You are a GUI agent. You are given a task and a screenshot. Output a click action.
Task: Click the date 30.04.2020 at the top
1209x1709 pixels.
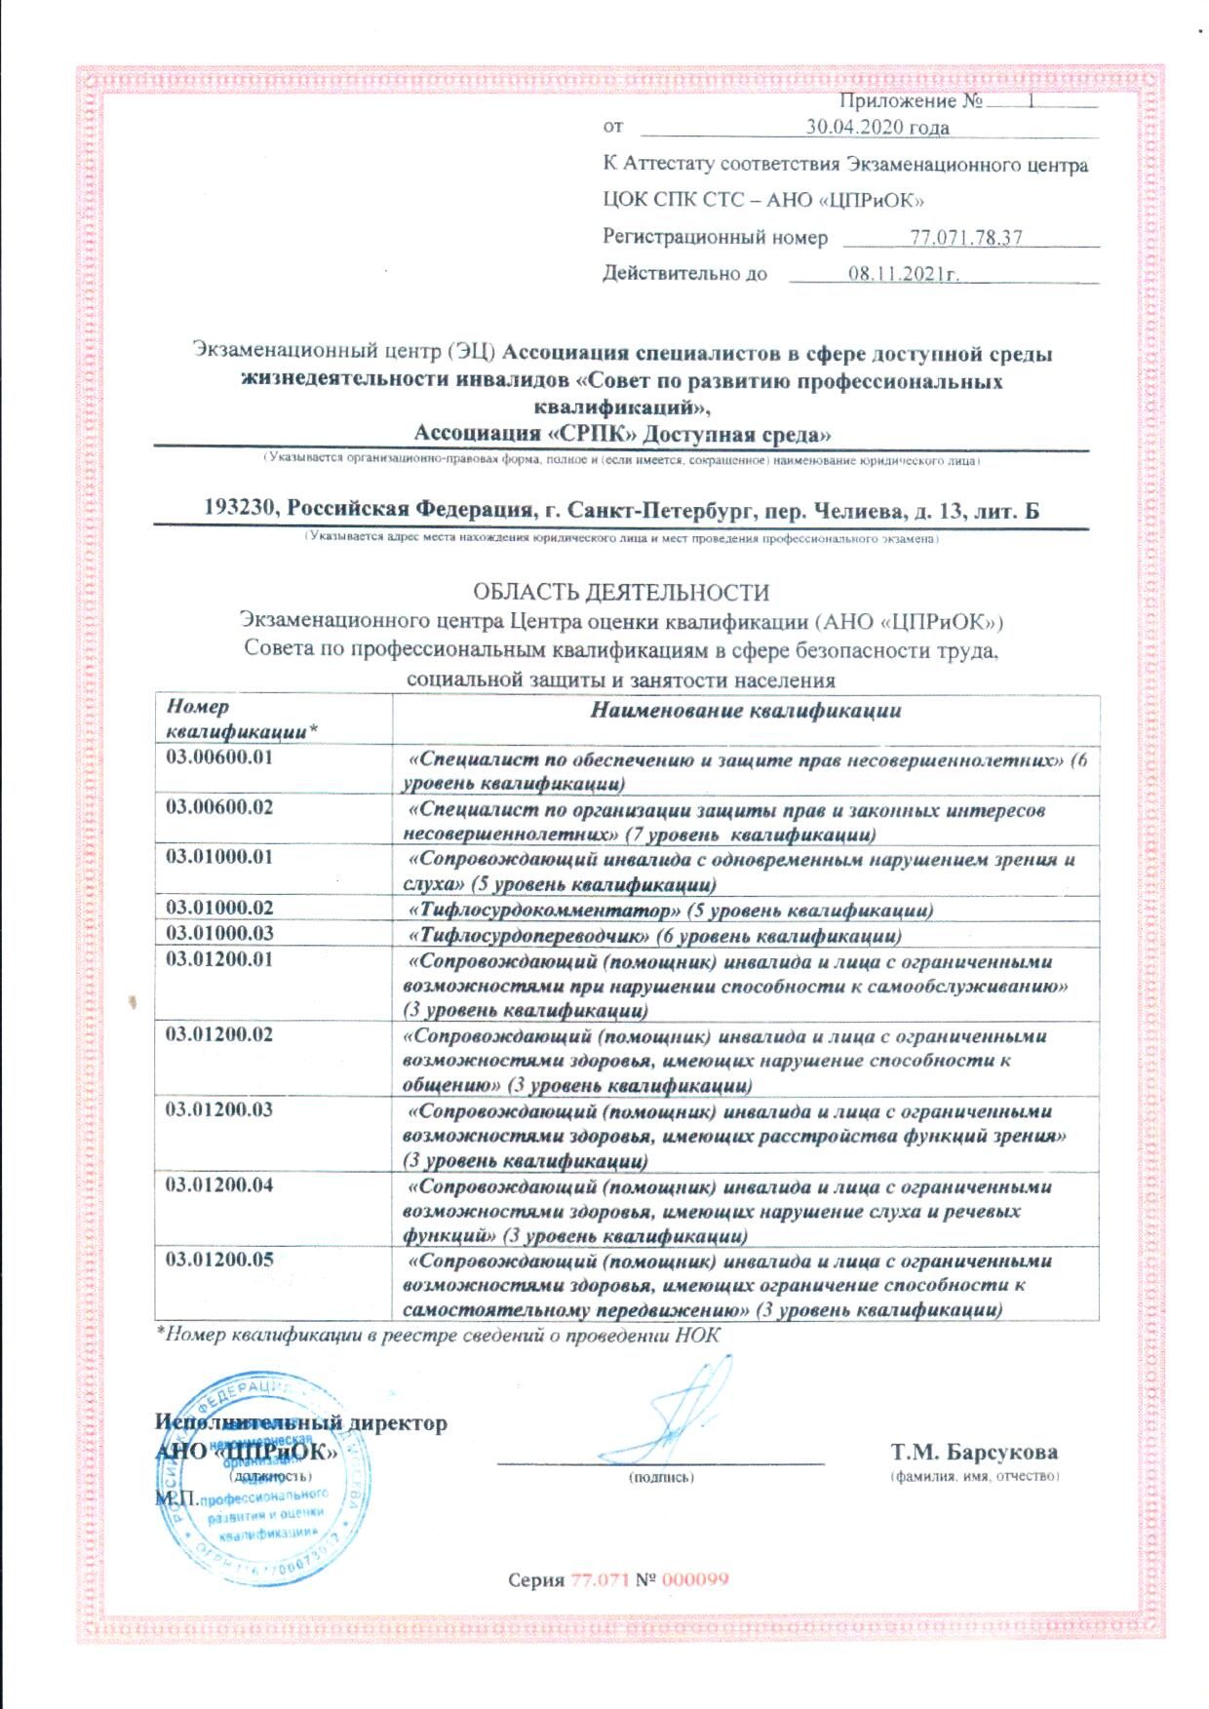877,128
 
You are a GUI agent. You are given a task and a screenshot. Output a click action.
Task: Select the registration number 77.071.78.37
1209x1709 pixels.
965,238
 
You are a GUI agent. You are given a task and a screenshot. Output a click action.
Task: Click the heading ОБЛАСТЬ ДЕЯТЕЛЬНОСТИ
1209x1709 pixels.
621,592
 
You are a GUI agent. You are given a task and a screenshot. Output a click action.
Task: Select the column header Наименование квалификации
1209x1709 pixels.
746,711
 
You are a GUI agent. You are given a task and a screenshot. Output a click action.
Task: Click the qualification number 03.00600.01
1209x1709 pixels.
219,757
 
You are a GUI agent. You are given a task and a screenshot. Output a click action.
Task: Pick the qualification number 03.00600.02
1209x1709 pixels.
219,808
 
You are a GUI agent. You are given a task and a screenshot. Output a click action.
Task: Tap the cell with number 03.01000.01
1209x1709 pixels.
219,858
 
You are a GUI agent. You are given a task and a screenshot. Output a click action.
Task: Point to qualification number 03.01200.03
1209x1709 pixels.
219,1109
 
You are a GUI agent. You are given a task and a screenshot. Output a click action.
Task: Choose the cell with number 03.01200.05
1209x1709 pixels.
219,1260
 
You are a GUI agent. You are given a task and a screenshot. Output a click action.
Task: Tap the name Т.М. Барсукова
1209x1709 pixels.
974,1453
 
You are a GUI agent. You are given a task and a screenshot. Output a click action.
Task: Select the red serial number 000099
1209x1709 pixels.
695,1580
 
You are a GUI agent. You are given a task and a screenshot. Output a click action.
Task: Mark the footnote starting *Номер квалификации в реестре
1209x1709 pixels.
438,1336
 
